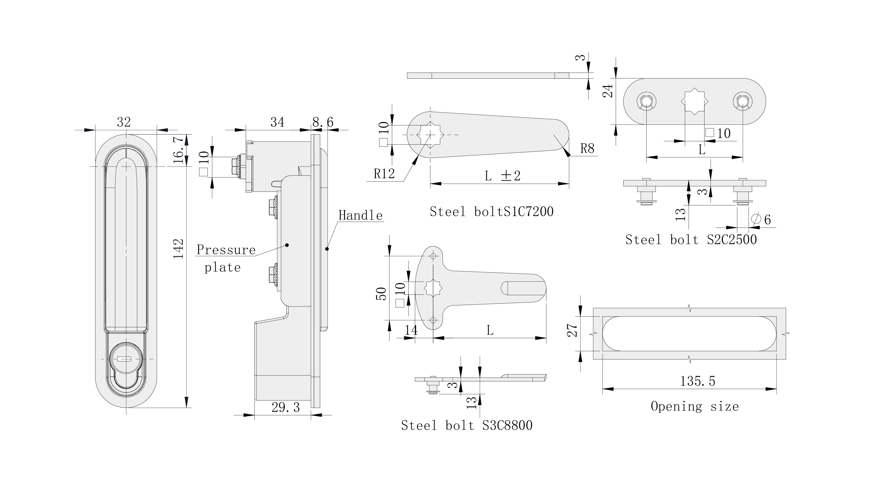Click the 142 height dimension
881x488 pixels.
pyautogui.click(x=179, y=249)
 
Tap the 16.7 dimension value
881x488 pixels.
pyautogui.click(x=179, y=150)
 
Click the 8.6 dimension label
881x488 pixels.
pyautogui.click(x=322, y=122)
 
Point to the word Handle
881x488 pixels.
pyautogui.click(x=361, y=216)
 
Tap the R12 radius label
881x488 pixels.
pyautogui.click(x=384, y=174)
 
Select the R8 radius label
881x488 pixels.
pyautogui.click(x=587, y=149)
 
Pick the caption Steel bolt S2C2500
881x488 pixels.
pyautogui.click(x=691, y=239)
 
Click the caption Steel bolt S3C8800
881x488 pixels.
pyautogui.click(x=466, y=425)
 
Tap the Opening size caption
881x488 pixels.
pyautogui.click(x=694, y=406)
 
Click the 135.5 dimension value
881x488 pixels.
pyautogui.click(x=697, y=381)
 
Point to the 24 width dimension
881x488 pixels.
pyautogui.click(x=608, y=91)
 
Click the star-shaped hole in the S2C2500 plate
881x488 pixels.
pyautogui.click(x=694, y=102)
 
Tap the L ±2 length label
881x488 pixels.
pyautogui.click(x=502, y=176)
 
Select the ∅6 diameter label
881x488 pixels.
pyautogui.click(x=761, y=219)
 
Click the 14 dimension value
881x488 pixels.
pyautogui.click(x=411, y=330)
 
